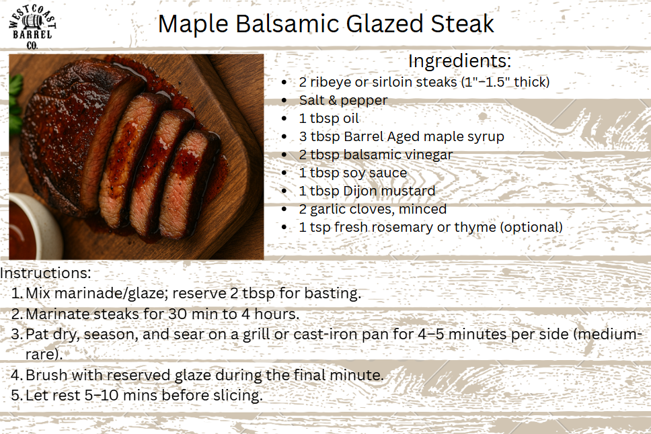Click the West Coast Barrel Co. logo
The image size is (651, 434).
click(32, 28)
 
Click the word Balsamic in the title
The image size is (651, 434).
click(287, 24)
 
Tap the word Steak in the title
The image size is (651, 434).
click(462, 24)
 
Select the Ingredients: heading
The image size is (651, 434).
click(459, 61)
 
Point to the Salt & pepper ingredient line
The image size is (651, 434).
click(343, 100)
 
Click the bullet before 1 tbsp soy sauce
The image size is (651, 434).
click(284, 173)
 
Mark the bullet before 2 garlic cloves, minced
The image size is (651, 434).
click(284, 209)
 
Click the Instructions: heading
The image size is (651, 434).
click(45, 273)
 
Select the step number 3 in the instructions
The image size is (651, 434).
click(16, 335)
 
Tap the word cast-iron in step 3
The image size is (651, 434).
click(325, 335)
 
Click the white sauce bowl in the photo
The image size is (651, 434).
click(32, 226)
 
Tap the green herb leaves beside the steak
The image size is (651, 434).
click(15, 103)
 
